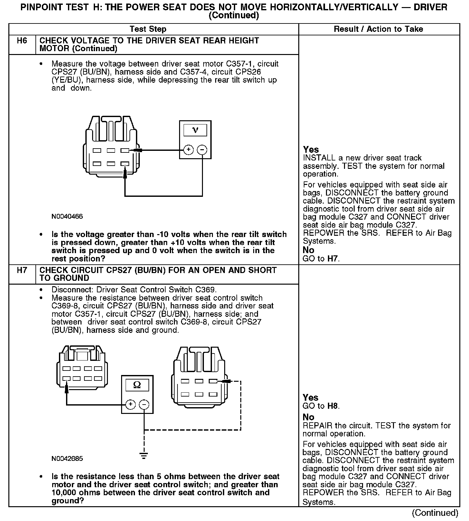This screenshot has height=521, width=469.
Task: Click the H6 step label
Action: coord(22,41)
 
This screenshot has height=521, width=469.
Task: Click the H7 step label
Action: coord(22,270)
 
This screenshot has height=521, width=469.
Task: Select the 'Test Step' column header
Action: coord(148,29)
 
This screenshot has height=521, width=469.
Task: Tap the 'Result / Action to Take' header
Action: coord(378,29)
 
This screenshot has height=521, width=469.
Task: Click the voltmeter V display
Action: coord(195,130)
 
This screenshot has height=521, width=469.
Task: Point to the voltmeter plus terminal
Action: coord(188,150)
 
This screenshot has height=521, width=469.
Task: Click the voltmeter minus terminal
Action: coord(202,150)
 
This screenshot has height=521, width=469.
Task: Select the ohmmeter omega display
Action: coord(137,385)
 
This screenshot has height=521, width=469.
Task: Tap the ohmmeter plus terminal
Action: coord(130,404)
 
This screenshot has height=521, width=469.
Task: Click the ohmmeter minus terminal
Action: coord(144,404)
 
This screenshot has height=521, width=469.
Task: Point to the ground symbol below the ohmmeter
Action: coord(144,455)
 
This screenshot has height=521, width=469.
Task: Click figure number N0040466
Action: coord(67,216)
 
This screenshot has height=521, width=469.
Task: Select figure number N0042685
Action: coord(67,459)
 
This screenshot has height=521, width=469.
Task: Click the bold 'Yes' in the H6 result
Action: coord(311,150)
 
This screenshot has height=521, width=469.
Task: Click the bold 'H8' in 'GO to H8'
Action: coord(333,406)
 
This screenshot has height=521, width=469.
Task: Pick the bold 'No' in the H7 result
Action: coord(308,417)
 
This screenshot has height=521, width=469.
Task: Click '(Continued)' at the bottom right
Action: coord(435,513)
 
